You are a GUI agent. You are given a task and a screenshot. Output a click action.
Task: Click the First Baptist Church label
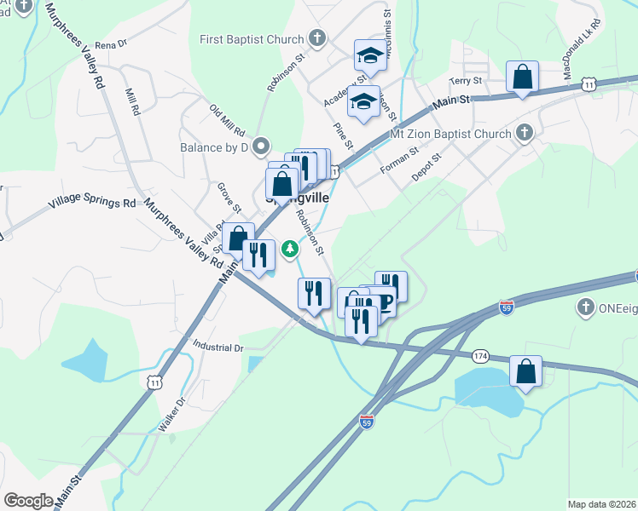(x=252, y=39)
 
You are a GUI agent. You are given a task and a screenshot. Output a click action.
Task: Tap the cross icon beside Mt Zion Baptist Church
(x=524, y=133)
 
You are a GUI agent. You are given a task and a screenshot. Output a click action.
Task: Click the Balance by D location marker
(x=262, y=146)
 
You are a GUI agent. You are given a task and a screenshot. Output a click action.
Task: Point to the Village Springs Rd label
(x=92, y=204)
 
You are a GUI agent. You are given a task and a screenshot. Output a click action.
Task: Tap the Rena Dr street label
(x=110, y=43)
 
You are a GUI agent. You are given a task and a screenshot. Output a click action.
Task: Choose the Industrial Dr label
(x=218, y=347)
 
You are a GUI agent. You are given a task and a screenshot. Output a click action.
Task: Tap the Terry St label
(x=467, y=81)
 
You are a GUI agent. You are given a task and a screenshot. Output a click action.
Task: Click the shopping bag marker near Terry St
(x=522, y=78)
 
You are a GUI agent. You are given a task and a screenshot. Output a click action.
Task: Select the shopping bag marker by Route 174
(x=525, y=371)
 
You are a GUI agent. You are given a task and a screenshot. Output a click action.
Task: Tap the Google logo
(x=28, y=501)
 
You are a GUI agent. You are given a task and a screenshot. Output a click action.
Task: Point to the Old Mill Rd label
(x=227, y=120)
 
